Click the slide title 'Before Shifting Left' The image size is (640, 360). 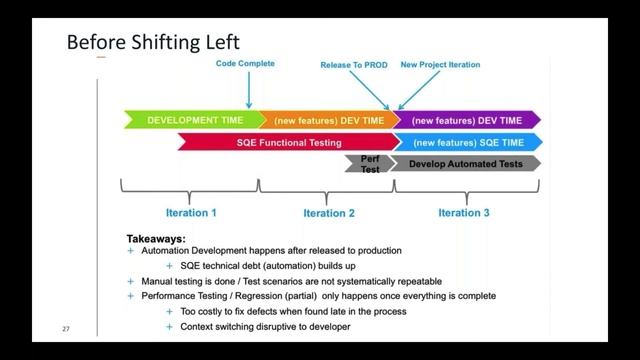(x=152, y=42)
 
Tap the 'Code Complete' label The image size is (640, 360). (x=245, y=64)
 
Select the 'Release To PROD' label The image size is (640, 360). (x=354, y=65)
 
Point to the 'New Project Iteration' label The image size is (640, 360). (x=440, y=65)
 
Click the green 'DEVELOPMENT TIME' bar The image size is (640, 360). (x=193, y=120)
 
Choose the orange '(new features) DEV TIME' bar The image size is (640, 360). (x=328, y=120)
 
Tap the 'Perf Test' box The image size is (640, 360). (x=369, y=163)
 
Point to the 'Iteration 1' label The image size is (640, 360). (x=190, y=213)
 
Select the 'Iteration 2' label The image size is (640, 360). (x=329, y=213)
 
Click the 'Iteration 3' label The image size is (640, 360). (x=464, y=213)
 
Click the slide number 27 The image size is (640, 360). (x=66, y=329)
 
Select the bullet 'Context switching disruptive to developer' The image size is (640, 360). (x=265, y=326)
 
